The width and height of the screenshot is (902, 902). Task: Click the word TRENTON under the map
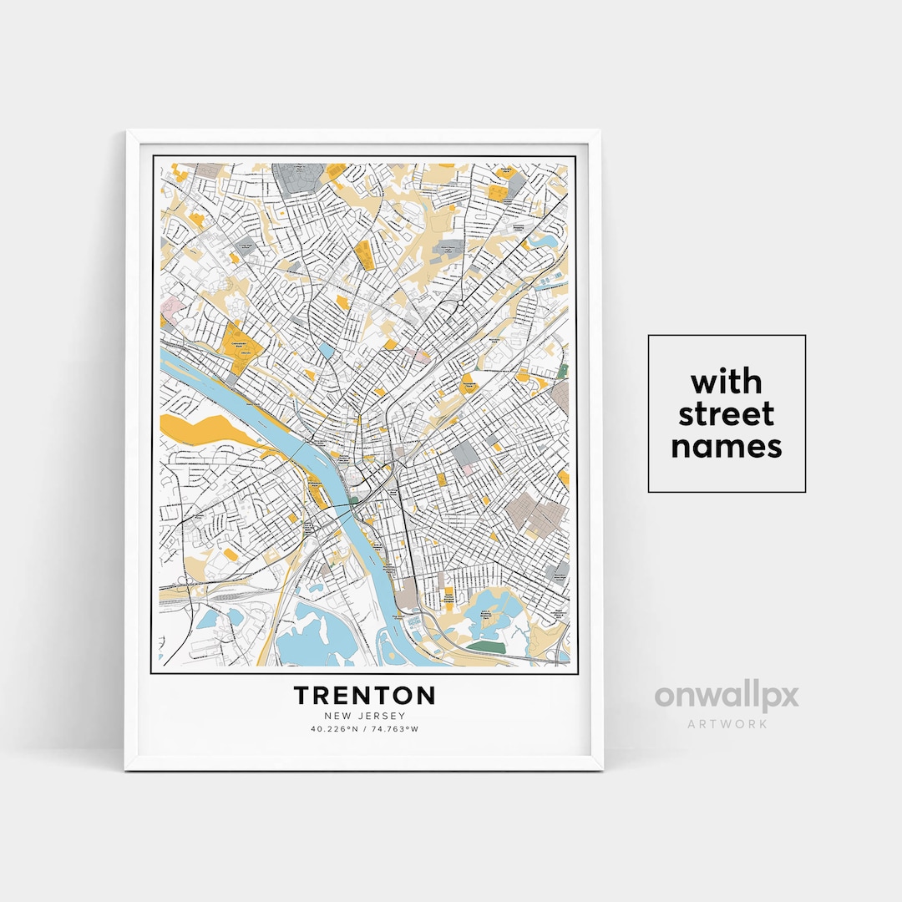coord(364,695)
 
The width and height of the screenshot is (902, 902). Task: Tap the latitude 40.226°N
coord(333,729)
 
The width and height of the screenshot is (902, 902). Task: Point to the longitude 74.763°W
coord(395,729)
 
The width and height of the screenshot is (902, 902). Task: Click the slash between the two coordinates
coord(364,729)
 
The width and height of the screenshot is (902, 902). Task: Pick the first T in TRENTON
coord(302,695)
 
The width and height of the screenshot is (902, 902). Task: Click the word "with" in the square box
coord(726,383)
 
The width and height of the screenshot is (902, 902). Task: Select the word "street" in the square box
coord(726,414)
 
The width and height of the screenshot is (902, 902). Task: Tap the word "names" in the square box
coord(726,447)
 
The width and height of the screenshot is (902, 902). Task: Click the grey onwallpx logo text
coord(726,697)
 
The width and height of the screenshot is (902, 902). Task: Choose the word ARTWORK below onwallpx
coord(726,723)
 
